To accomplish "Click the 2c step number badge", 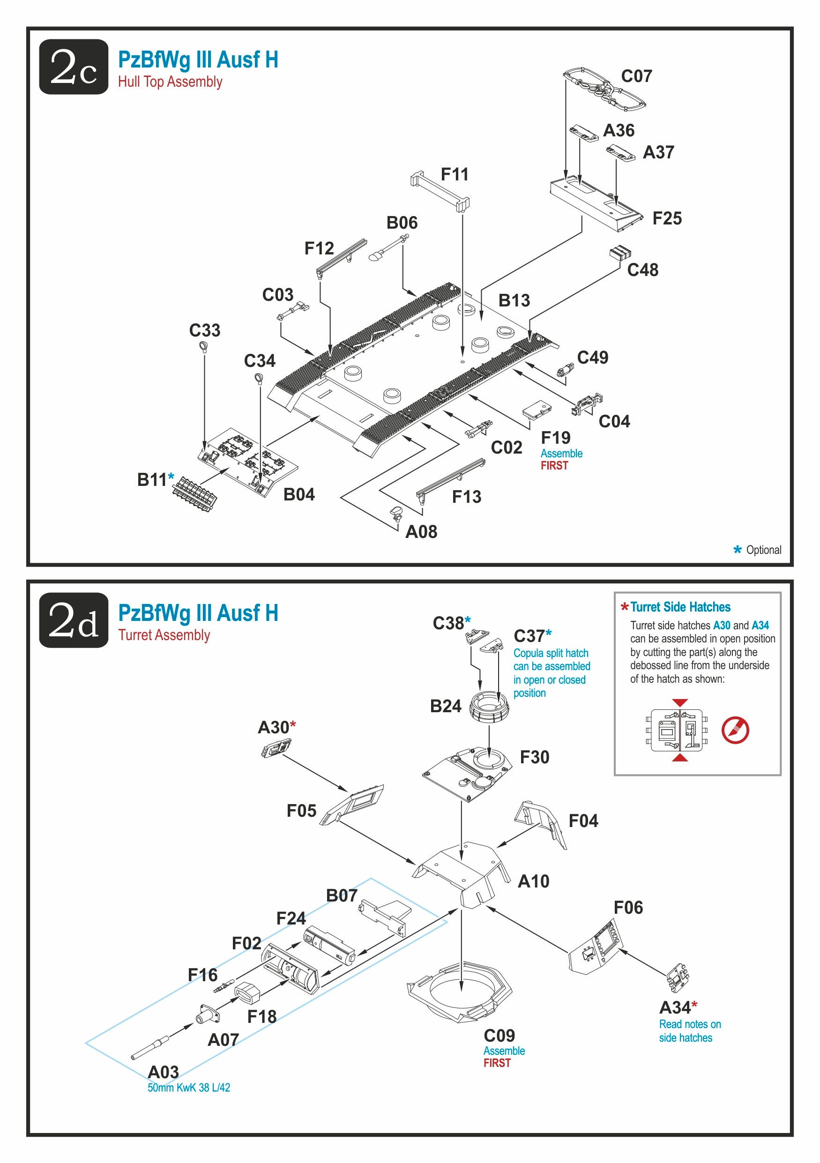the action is point(74,67).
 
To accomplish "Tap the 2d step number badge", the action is point(74,619).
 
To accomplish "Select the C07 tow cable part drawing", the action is point(604,89).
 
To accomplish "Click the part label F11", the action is point(455,174).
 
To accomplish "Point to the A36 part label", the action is point(619,130).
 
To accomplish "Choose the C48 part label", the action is point(643,269).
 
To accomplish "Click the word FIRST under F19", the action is point(554,465).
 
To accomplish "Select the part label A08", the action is point(421,531).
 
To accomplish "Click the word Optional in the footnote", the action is point(763,550).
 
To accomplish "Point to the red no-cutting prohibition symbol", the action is point(735,730).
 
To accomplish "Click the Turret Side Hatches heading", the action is point(680,607).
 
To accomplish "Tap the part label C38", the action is point(448,623).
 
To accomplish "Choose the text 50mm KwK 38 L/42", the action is point(188,1088).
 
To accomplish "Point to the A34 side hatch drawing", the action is point(678,977).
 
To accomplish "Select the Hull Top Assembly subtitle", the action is point(170,82).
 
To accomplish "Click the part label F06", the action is point(628,907).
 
